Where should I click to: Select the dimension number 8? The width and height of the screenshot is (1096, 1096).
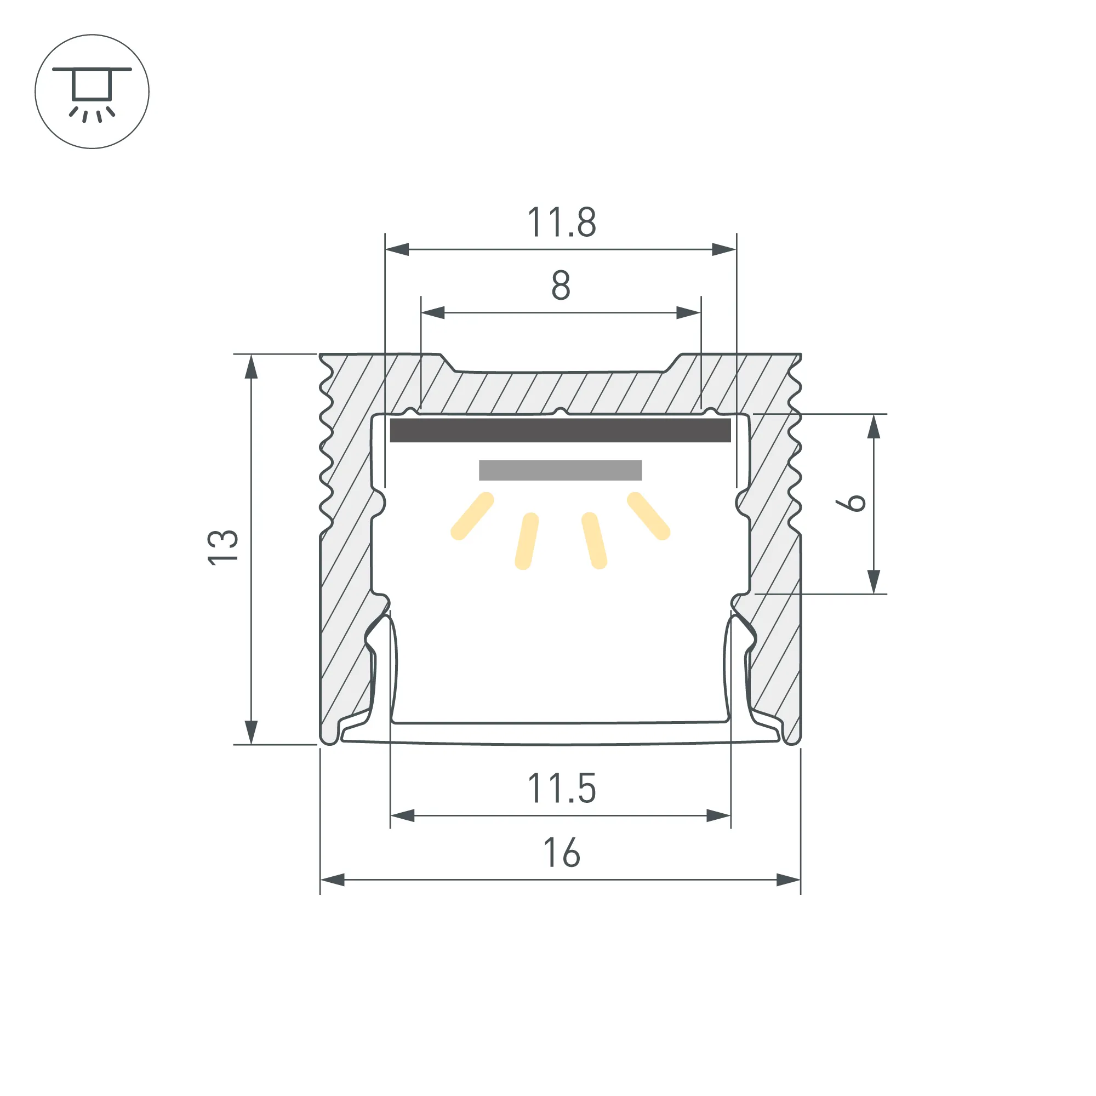561,286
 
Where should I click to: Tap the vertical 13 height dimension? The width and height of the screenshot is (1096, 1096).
223,547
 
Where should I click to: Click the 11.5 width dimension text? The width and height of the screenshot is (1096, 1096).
562,789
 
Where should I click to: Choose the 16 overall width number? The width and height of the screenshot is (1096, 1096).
562,853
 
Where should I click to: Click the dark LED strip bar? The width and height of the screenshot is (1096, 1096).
561,430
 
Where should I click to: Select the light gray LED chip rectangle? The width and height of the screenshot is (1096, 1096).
561,470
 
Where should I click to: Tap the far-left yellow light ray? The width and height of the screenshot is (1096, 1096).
472,516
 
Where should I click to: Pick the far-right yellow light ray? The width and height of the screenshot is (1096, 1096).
648,516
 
